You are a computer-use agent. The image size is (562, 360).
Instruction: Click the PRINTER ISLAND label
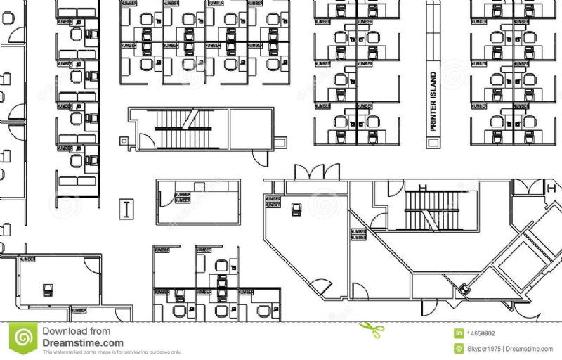click(x=433, y=102)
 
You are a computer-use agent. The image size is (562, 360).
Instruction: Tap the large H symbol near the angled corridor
click(x=551, y=188)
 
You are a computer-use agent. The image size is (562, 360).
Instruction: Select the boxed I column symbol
click(x=127, y=209)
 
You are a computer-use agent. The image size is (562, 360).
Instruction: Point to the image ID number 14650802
click(x=479, y=333)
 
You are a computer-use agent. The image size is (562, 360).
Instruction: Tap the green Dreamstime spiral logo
click(x=25, y=339)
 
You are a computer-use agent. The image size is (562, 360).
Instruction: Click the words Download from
click(x=76, y=331)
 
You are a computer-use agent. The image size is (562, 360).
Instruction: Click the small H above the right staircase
click(x=422, y=187)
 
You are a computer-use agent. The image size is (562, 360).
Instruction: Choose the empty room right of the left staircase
click(x=251, y=128)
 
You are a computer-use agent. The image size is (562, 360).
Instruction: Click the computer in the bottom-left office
click(x=48, y=289)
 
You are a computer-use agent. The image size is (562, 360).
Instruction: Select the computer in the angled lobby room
click(x=297, y=209)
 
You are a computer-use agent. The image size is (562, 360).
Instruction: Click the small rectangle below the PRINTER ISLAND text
click(x=433, y=143)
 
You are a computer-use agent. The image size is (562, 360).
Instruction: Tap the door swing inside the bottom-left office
click(x=91, y=264)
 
